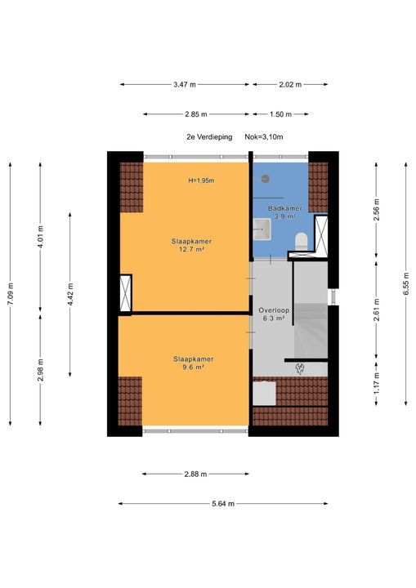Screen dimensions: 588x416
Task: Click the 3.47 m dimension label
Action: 185,84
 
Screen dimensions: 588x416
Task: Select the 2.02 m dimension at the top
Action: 289,84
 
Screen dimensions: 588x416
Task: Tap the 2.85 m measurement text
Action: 195,114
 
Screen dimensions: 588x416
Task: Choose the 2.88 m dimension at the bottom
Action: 195,474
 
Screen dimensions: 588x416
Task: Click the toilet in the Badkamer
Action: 301,240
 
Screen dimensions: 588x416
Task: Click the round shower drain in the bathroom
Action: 266,177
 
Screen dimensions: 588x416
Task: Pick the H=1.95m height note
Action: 200,180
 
